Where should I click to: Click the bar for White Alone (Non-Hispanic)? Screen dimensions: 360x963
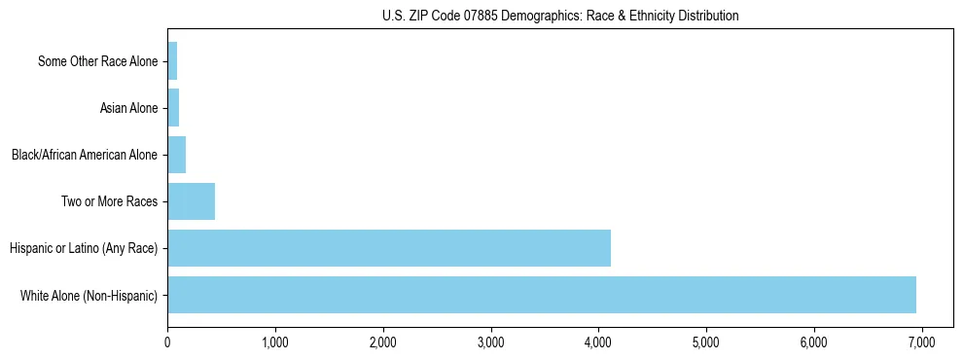(542, 295)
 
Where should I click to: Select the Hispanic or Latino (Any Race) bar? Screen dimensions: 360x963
(389, 248)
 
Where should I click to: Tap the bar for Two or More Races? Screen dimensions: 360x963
(191, 201)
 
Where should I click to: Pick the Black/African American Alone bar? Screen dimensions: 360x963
(176, 155)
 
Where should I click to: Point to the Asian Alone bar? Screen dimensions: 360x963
(173, 108)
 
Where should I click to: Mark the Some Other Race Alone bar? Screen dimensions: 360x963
(172, 61)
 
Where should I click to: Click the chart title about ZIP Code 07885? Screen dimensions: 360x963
(560, 16)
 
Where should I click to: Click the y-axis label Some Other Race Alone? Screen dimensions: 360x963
(97, 61)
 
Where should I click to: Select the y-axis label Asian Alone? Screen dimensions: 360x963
(128, 108)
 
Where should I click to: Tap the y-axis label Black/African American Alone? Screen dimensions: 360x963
(84, 155)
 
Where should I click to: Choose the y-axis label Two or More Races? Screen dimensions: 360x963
(109, 201)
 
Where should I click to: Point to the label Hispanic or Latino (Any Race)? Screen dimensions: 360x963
(84, 248)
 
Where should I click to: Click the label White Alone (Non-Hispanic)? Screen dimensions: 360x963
(89, 295)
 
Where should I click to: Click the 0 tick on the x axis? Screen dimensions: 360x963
(167, 342)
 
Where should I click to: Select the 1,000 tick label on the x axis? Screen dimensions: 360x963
(275, 342)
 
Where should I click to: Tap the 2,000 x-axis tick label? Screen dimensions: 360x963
(383, 342)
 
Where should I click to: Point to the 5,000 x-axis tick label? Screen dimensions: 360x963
(706, 342)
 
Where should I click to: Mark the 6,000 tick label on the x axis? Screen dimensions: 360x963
(814, 342)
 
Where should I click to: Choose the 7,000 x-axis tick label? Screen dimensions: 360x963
(921, 342)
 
